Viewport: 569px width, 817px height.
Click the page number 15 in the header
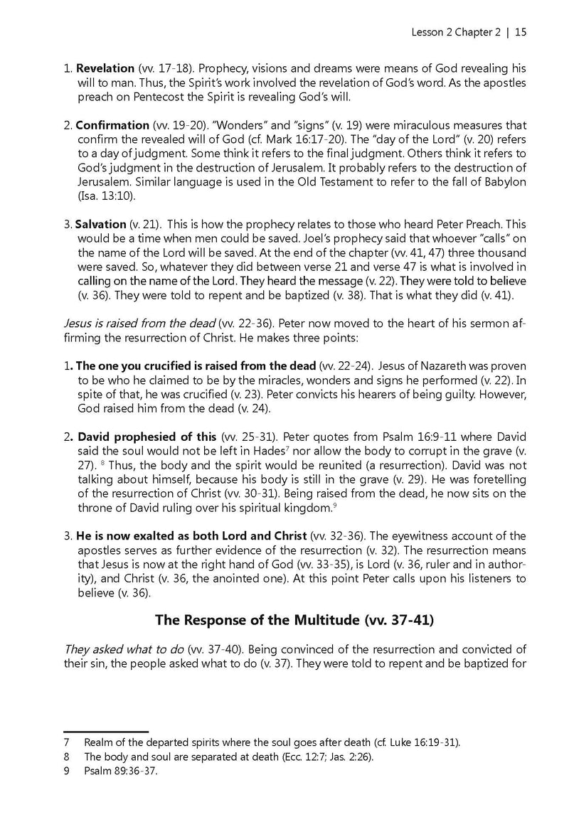pyautogui.click(x=520, y=32)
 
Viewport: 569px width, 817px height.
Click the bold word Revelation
pyautogui.click(x=105, y=69)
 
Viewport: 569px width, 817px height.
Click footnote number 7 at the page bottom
pyautogui.click(x=66, y=742)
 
